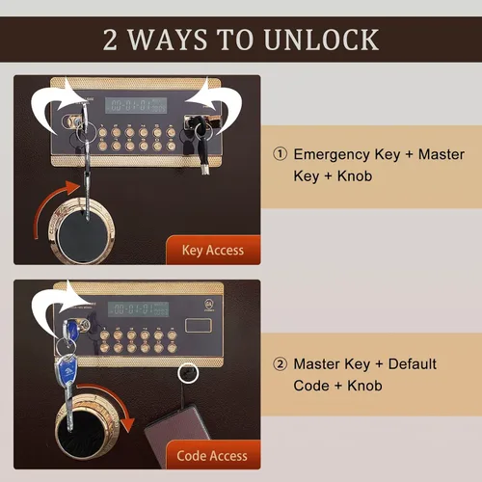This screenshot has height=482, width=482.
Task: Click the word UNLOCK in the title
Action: pyautogui.click(x=322, y=40)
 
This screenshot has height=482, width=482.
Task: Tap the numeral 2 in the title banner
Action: pyautogui.click(x=110, y=40)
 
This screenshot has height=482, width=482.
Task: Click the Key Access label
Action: pyautogui.click(x=213, y=251)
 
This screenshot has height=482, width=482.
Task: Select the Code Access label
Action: pyautogui.click(x=212, y=456)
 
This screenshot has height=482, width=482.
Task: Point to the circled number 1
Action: pyautogui.click(x=280, y=154)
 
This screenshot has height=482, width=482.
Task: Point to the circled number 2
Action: pyautogui.click(x=280, y=364)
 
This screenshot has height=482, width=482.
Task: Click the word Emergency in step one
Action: pyautogui.click(x=332, y=155)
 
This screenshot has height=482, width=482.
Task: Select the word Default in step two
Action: pyautogui.click(x=413, y=364)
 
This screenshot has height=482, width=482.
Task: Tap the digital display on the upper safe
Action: pyautogui.click(x=136, y=105)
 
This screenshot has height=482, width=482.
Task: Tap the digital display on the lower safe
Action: pyautogui.click(x=138, y=309)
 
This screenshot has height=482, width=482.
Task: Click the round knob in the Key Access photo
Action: pyautogui.click(x=82, y=230)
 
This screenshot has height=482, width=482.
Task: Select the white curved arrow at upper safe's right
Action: pyautogui.click(x=222, y=106)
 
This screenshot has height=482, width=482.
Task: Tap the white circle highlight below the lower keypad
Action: pyautogui.click(x=188, y=373)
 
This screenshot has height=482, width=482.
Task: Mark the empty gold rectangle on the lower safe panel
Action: pyautogui.click(x=199, y=325)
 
